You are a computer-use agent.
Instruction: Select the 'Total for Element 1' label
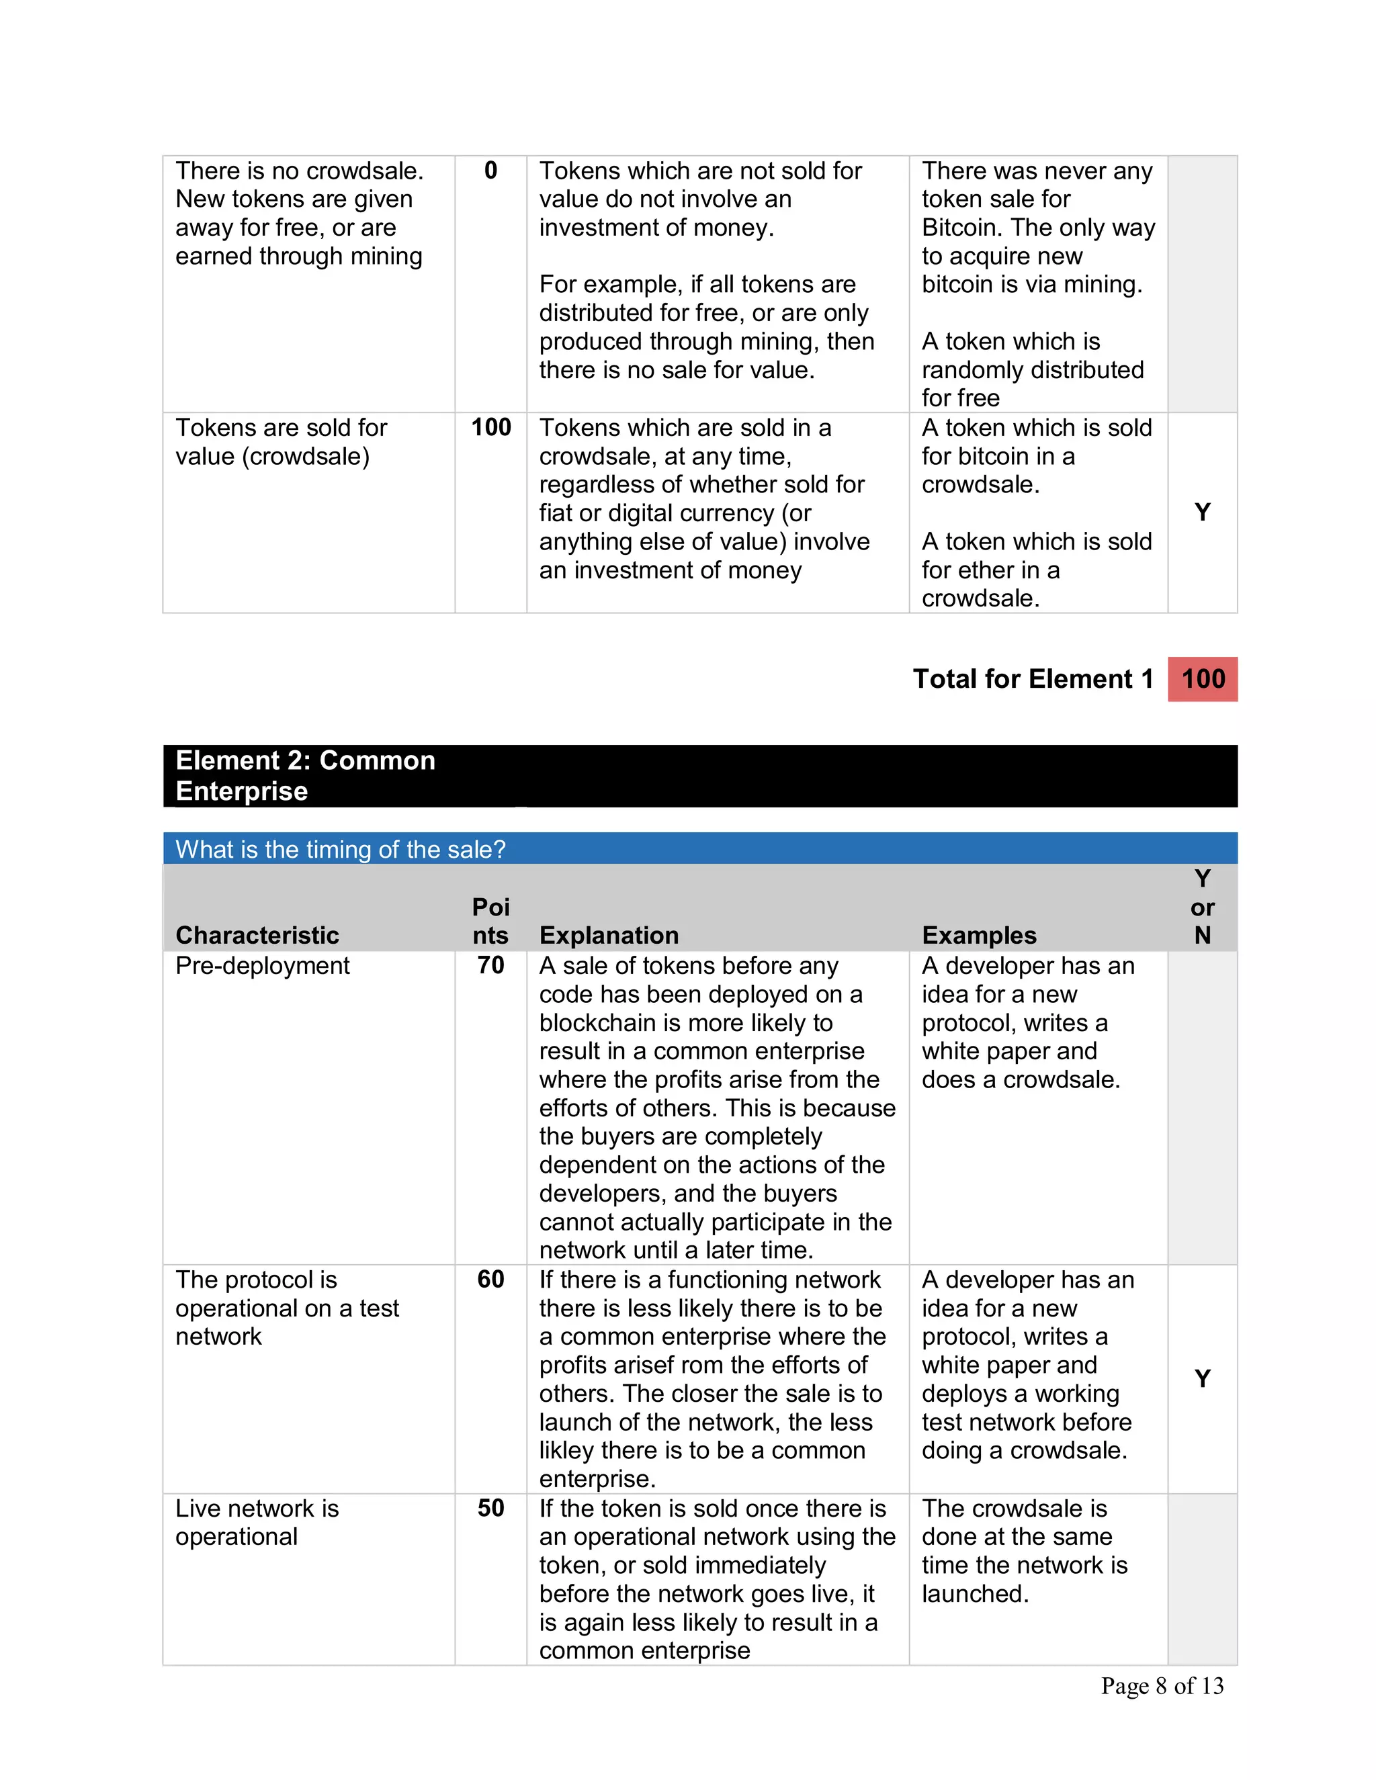(x=1032, y=679)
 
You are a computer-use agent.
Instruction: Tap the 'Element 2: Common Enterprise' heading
(x=306, y=775)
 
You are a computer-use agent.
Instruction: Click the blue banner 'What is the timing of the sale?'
(x=340, y=849)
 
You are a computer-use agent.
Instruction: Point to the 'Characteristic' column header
(x=257, y=935)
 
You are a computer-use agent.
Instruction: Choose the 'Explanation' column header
(x=608, y=935)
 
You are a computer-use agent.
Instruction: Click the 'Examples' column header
(x=978, y=935)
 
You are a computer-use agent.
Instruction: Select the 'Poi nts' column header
(x=490, y=921)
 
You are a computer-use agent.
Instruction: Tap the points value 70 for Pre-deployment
(x=490, y=966)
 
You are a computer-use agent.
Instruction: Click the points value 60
(x=490, y=1280)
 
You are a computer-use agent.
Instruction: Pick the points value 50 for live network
(x=490, y=1508)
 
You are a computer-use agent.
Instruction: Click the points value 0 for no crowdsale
(x=490, y=171)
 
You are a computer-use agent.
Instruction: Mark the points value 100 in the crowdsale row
(x=490, y=427)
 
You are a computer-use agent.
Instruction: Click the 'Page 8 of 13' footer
(x=1162, y=1685)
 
